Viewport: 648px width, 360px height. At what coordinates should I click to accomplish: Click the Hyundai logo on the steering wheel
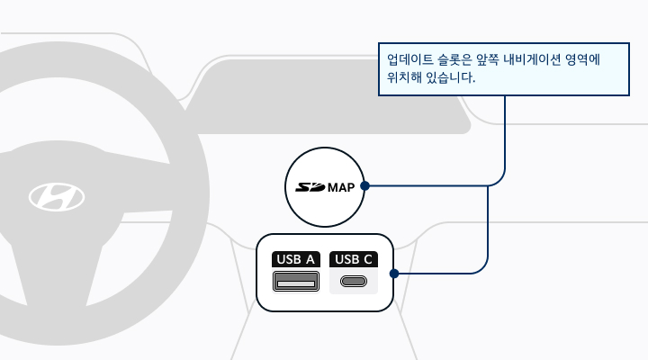coord(57,197)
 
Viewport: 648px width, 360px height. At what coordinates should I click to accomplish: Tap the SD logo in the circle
coord(310,187)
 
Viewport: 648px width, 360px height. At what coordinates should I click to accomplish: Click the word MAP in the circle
coord(341,187)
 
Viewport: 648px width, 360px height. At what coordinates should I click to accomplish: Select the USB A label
coord(295,259)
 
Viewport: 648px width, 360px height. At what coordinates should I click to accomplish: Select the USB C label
coord(354,259)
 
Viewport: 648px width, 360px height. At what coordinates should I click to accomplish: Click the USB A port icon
coord(296,281)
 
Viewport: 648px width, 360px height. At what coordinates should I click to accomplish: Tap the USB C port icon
coord(354,282)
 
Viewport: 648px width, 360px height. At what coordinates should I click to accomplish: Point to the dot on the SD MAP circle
coord(364,186)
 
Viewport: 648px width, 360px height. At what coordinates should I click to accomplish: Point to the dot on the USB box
coord(394,274)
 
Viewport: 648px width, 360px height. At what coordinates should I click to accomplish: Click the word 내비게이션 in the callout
coord(532,59)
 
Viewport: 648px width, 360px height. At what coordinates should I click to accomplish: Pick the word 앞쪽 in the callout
coord(487,59)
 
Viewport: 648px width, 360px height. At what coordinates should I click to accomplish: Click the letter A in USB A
coord(310,259)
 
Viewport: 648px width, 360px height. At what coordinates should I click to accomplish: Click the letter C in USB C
coord(368,259)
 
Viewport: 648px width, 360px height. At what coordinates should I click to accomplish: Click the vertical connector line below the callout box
coord(505,132)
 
